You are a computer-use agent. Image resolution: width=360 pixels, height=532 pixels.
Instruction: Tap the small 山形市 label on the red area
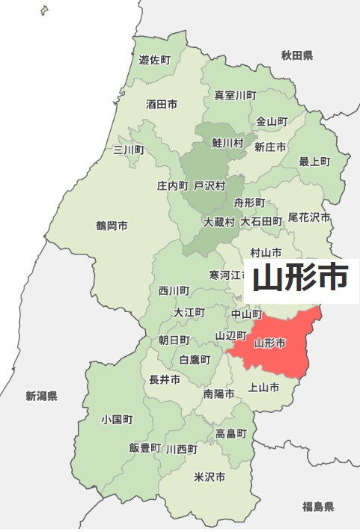(269, 344)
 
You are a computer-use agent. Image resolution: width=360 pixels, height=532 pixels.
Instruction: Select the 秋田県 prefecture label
(297, 56)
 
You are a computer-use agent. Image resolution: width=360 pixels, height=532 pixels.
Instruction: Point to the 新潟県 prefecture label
(41, 396)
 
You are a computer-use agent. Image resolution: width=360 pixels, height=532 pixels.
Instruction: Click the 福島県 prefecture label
(318, 507)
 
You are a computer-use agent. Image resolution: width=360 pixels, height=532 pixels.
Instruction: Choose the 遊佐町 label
(155, 59)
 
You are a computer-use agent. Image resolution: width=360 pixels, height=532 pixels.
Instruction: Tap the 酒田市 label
(162, 105)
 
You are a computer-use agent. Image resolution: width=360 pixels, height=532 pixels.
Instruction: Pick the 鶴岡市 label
(112, 225)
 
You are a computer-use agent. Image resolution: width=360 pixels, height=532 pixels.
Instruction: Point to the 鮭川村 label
(228, 142)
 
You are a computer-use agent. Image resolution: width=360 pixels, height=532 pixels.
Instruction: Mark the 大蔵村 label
(219, 222)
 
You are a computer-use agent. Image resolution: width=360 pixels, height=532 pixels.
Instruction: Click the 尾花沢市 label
(310, 217)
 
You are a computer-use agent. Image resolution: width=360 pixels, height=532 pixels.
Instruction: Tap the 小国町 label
(117, 420)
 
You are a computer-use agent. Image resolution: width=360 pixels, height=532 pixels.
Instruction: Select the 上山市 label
(263, 388)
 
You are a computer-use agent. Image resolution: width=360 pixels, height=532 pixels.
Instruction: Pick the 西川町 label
(174, 290)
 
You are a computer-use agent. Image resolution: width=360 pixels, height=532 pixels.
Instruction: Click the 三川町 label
(128, 150)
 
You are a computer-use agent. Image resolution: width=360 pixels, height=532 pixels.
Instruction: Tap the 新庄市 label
(270, 147)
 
